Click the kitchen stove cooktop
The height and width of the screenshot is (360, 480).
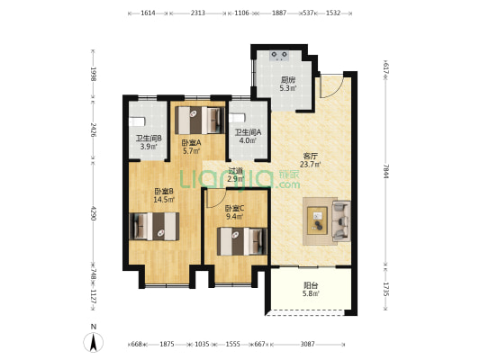(x=280, y=56)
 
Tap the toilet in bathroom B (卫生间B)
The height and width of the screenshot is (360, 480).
(x=136, y=121)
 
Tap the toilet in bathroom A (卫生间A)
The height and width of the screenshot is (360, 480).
(x=238, y=119)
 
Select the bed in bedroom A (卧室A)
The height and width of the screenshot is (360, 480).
(x=200, y=120)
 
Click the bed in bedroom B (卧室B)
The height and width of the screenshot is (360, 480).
(x=154, y=226)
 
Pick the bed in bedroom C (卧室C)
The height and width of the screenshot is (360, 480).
(x=242, y=241)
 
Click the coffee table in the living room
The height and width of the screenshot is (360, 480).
(x=318, y=220)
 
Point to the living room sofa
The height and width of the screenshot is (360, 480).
(x=341, y=220)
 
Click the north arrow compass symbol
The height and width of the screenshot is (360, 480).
(x=94, y=342)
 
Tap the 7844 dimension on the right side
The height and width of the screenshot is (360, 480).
(x=385, y=171)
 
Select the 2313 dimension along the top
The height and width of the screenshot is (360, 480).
(x=198, y=13)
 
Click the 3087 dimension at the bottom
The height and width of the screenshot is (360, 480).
(x=307, y=344)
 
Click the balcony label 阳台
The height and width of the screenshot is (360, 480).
(x=311, y=285)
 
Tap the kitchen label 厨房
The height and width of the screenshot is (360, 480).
(x=288, y=80)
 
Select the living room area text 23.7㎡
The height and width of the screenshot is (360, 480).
(x=311, y=165)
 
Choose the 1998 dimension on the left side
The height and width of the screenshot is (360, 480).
(x=94, y=74)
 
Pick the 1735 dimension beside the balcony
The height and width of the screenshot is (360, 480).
(x=385, y=289)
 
